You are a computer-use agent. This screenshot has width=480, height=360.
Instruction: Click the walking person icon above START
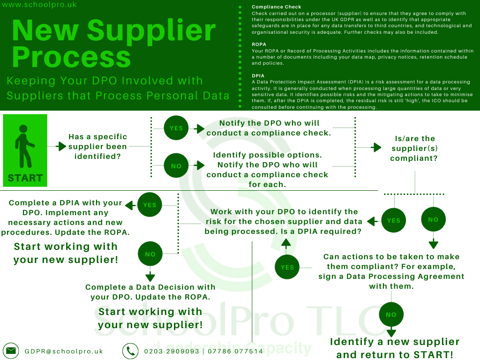[24, 145]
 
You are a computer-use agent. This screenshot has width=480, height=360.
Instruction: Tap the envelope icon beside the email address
[11, 351]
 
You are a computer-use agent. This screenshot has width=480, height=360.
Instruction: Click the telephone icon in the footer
[130, 351]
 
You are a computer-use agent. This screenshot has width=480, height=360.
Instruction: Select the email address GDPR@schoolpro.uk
[64, 351]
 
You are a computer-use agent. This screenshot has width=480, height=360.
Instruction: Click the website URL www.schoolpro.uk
[39, 5]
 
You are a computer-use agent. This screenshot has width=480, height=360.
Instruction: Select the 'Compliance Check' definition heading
[277, 7]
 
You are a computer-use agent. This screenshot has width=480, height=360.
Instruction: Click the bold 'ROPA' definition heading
[259, 45]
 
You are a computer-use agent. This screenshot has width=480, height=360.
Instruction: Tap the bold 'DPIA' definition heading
[258, 75]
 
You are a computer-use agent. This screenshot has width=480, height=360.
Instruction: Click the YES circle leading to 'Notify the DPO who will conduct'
[176, 128]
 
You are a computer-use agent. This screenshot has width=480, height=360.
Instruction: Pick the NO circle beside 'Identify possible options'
[176, 166]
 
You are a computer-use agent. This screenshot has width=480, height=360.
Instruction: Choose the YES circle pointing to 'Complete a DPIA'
[150, 205]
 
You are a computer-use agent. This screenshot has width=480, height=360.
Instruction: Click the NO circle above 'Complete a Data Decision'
[150, 254]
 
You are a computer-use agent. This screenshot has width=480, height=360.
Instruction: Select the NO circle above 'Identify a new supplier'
[391, 315]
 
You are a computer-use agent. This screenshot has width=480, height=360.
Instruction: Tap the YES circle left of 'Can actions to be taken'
[287, 267]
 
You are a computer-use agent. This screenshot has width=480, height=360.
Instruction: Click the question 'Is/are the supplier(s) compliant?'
[415, 149]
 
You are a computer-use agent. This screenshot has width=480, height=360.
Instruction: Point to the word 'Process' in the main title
[71, 57]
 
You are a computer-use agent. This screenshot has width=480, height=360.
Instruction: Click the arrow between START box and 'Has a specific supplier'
[60, 146]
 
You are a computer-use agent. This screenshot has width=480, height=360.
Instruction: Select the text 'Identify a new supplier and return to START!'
[395, 348]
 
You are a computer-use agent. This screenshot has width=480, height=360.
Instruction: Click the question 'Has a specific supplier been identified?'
[97, 146]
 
